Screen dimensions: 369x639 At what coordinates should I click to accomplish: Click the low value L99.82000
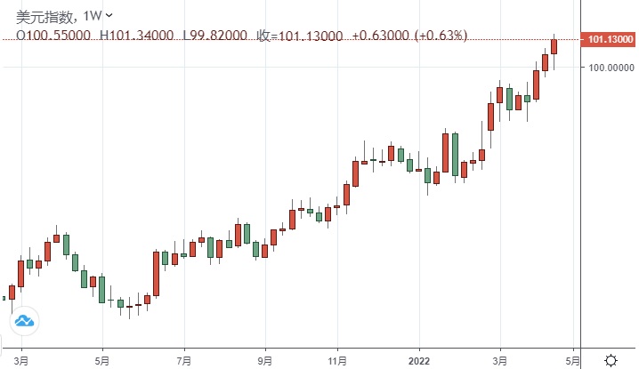[216, 36]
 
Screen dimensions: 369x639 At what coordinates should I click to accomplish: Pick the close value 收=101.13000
[300, 36]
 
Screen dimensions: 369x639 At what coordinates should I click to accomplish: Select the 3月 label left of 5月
[22, 361]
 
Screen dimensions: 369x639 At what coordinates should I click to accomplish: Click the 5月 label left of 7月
[103, 361]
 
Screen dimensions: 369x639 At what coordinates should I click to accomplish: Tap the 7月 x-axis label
[184, 361]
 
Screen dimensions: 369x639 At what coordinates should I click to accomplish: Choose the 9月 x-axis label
[265, 361]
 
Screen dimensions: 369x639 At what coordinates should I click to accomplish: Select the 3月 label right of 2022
[501, 361]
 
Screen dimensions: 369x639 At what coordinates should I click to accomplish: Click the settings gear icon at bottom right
[611, 360]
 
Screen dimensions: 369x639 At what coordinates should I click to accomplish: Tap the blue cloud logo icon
[24, 320]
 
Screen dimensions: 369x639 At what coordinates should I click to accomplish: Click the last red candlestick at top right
[554, 47]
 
